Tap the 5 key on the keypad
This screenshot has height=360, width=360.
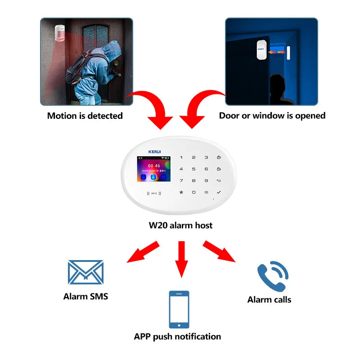pyautogui.click(x=194, y=169)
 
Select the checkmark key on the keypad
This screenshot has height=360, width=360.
pyautogui.click(x=219, y=192)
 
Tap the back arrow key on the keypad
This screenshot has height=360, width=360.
pyautogui.click(x=219, y=180)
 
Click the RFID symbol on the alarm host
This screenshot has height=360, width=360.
pyautogui.click(x=153, y=193)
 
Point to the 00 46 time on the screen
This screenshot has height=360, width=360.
pyautogui.click(x=154, y=166)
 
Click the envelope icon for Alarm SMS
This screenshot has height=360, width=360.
pyautogui.click(x=85, y=273)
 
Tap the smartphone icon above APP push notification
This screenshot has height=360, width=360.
pyautogui.click(x=179, y=309)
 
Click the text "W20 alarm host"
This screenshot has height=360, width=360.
pyautogui.click(x=180, y=225)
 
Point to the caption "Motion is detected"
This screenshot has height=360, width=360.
pyautogui.click(x=85, y=116)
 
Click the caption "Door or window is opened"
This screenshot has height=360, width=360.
pyautogui.click(x=272, y=116)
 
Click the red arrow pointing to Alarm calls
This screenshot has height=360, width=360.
pyautogui.click(x=219, y=252)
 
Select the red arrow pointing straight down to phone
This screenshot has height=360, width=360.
pyautogui.click(x=181, y=259)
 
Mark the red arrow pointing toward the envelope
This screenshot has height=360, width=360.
pyautogui.click(x=144, y=252)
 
